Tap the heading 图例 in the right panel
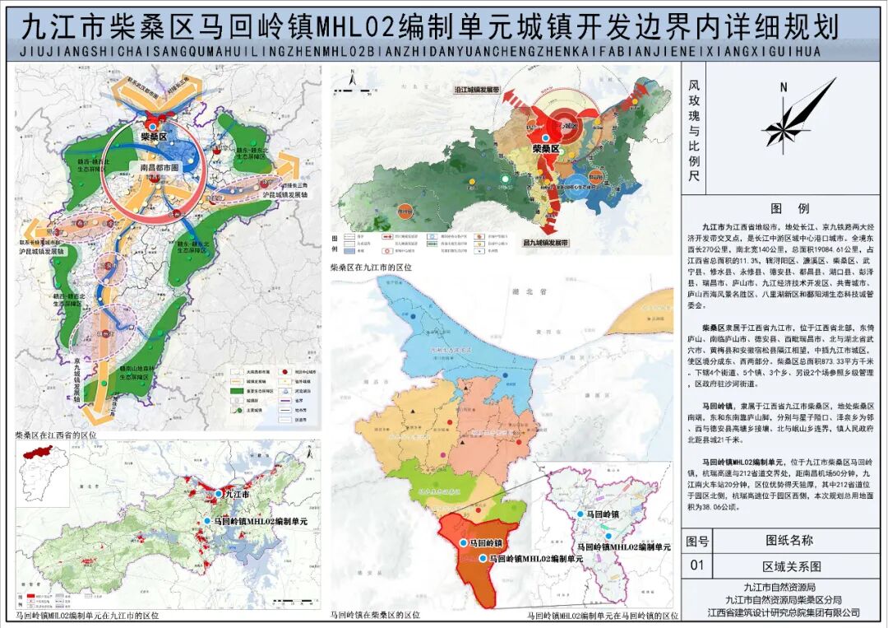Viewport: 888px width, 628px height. (784, 209)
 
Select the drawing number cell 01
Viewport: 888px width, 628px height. (698, 566)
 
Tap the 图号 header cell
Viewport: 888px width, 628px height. (698, 541)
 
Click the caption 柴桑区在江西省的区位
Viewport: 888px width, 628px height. (56, 434)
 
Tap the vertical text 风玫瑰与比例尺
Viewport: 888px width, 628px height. (694, 131)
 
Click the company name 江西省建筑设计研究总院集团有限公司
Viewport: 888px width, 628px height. (784, 612)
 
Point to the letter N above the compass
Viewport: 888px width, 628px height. (784, 87)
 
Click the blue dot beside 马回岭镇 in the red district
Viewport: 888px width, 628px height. (464, 544)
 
